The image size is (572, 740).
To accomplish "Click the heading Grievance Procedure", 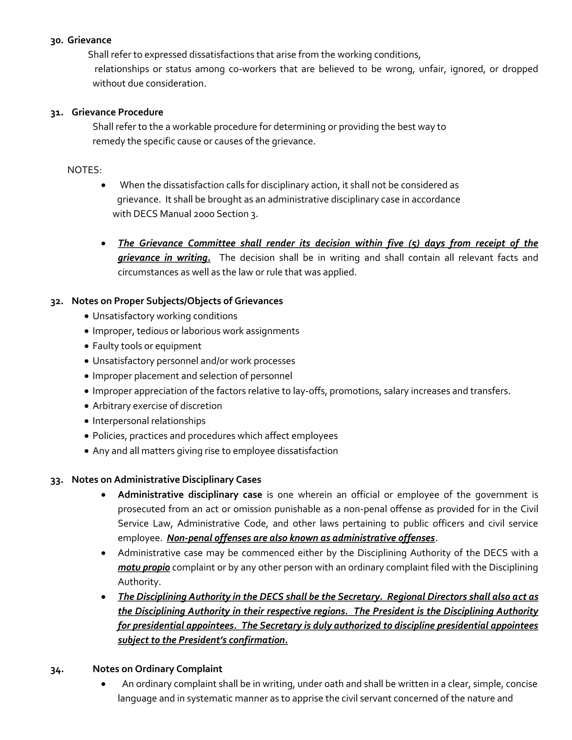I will tap(117, 113).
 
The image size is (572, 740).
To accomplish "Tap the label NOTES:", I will tap(84, 170).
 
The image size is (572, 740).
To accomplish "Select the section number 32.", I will tap(57, 302).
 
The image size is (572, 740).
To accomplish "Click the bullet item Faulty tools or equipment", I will tap(147, 346).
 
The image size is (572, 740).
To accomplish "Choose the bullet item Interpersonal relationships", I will tap(149, 421).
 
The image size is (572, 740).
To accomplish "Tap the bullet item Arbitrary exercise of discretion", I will tap(157, 406).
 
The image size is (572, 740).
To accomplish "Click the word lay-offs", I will tap(309, 391).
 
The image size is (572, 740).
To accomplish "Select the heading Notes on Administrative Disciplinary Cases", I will tap(166, 480).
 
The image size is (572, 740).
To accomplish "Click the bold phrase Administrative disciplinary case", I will tap(190, 495).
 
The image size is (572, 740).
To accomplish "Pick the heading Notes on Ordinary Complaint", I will tap(157, 669).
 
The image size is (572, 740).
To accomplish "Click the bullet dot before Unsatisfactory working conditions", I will tap(87, 316).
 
